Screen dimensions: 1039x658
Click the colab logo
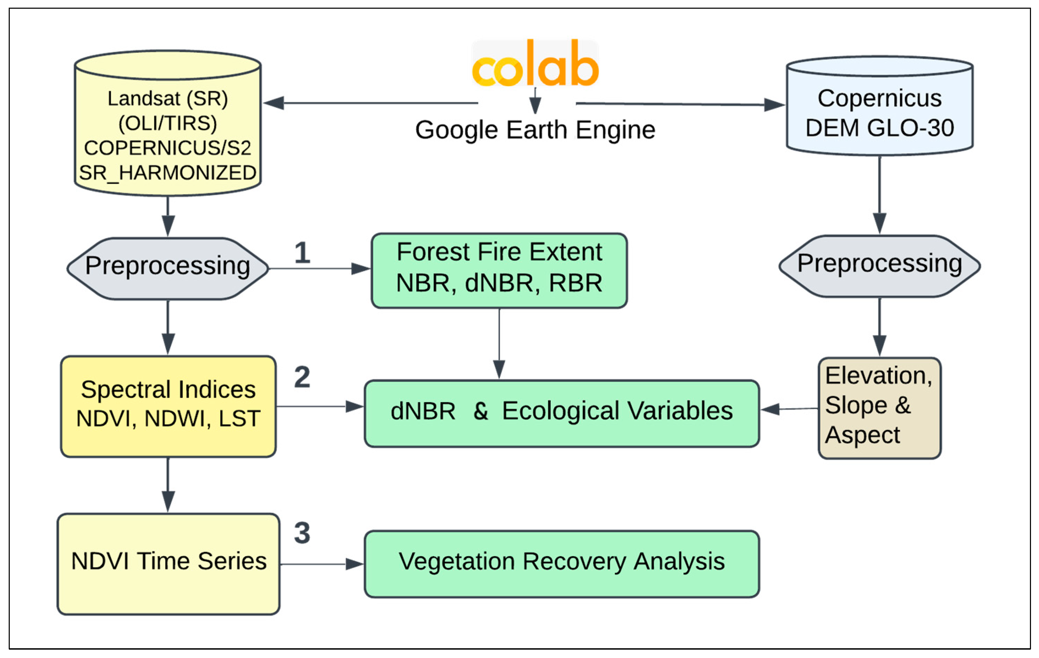tap(535, 63)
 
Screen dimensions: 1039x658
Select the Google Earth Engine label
tap(535, 130)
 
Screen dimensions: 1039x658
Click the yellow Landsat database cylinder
tap(168, 123)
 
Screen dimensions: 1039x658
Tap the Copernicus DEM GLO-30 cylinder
tap(879, 106)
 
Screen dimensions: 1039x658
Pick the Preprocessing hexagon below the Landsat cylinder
tap(168, 268)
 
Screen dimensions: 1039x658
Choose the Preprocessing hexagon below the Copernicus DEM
tap(879, 266)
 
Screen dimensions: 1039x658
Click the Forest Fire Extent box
tap(499, 270)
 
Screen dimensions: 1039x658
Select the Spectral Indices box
tap(168, 406)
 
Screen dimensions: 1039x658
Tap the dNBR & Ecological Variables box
tap(562, 413)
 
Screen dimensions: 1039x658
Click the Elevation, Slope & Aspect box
tap(879, 408)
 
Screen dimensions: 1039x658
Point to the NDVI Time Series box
tap(168, 564)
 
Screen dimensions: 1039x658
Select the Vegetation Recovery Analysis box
tap(562, 564)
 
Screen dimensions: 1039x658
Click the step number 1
tap(303, 252)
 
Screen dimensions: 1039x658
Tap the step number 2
tap(302, 377)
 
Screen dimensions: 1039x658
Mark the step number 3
tap(302, 533)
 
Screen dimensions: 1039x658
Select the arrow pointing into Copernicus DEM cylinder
tap(680, 104)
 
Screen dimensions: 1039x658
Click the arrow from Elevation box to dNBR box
tap(789, 408)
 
